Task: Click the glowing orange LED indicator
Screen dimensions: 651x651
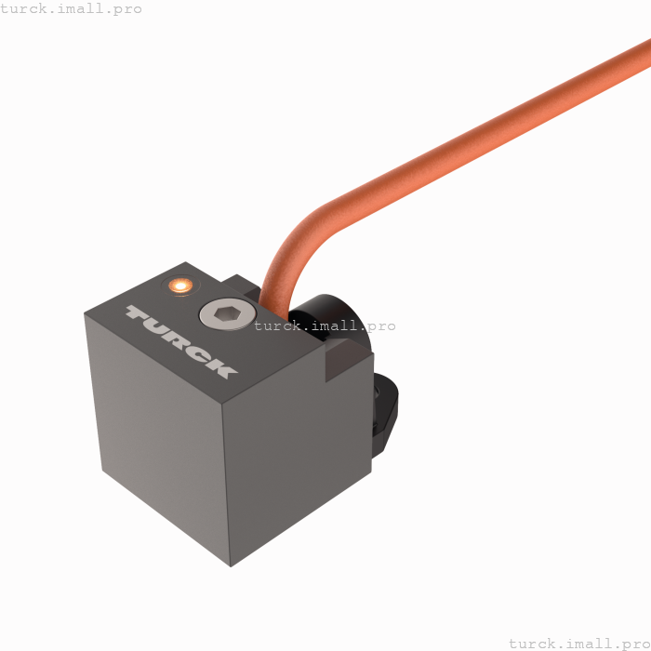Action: click(x=179, y=285)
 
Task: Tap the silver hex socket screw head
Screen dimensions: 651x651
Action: click(x=227, y=314)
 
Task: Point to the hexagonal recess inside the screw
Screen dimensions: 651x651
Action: click(x=227, y=314)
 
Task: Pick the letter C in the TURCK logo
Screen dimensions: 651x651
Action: click(x=198, y=354)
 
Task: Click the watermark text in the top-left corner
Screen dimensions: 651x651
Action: click(x=72, y=8)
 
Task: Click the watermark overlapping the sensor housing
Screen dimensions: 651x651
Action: click(x=325, y=325)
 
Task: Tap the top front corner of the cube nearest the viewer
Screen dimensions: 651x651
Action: click(x=223, y=404)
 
